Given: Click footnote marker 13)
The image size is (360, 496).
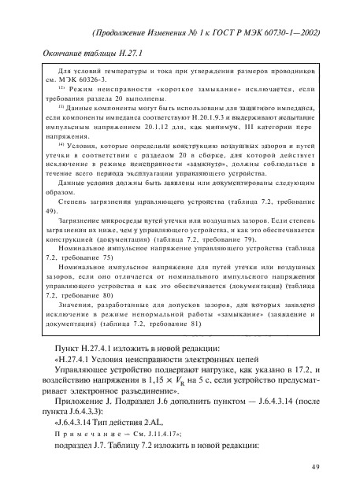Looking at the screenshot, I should (61, 104).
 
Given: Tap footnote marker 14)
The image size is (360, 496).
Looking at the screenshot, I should (61, 145).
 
